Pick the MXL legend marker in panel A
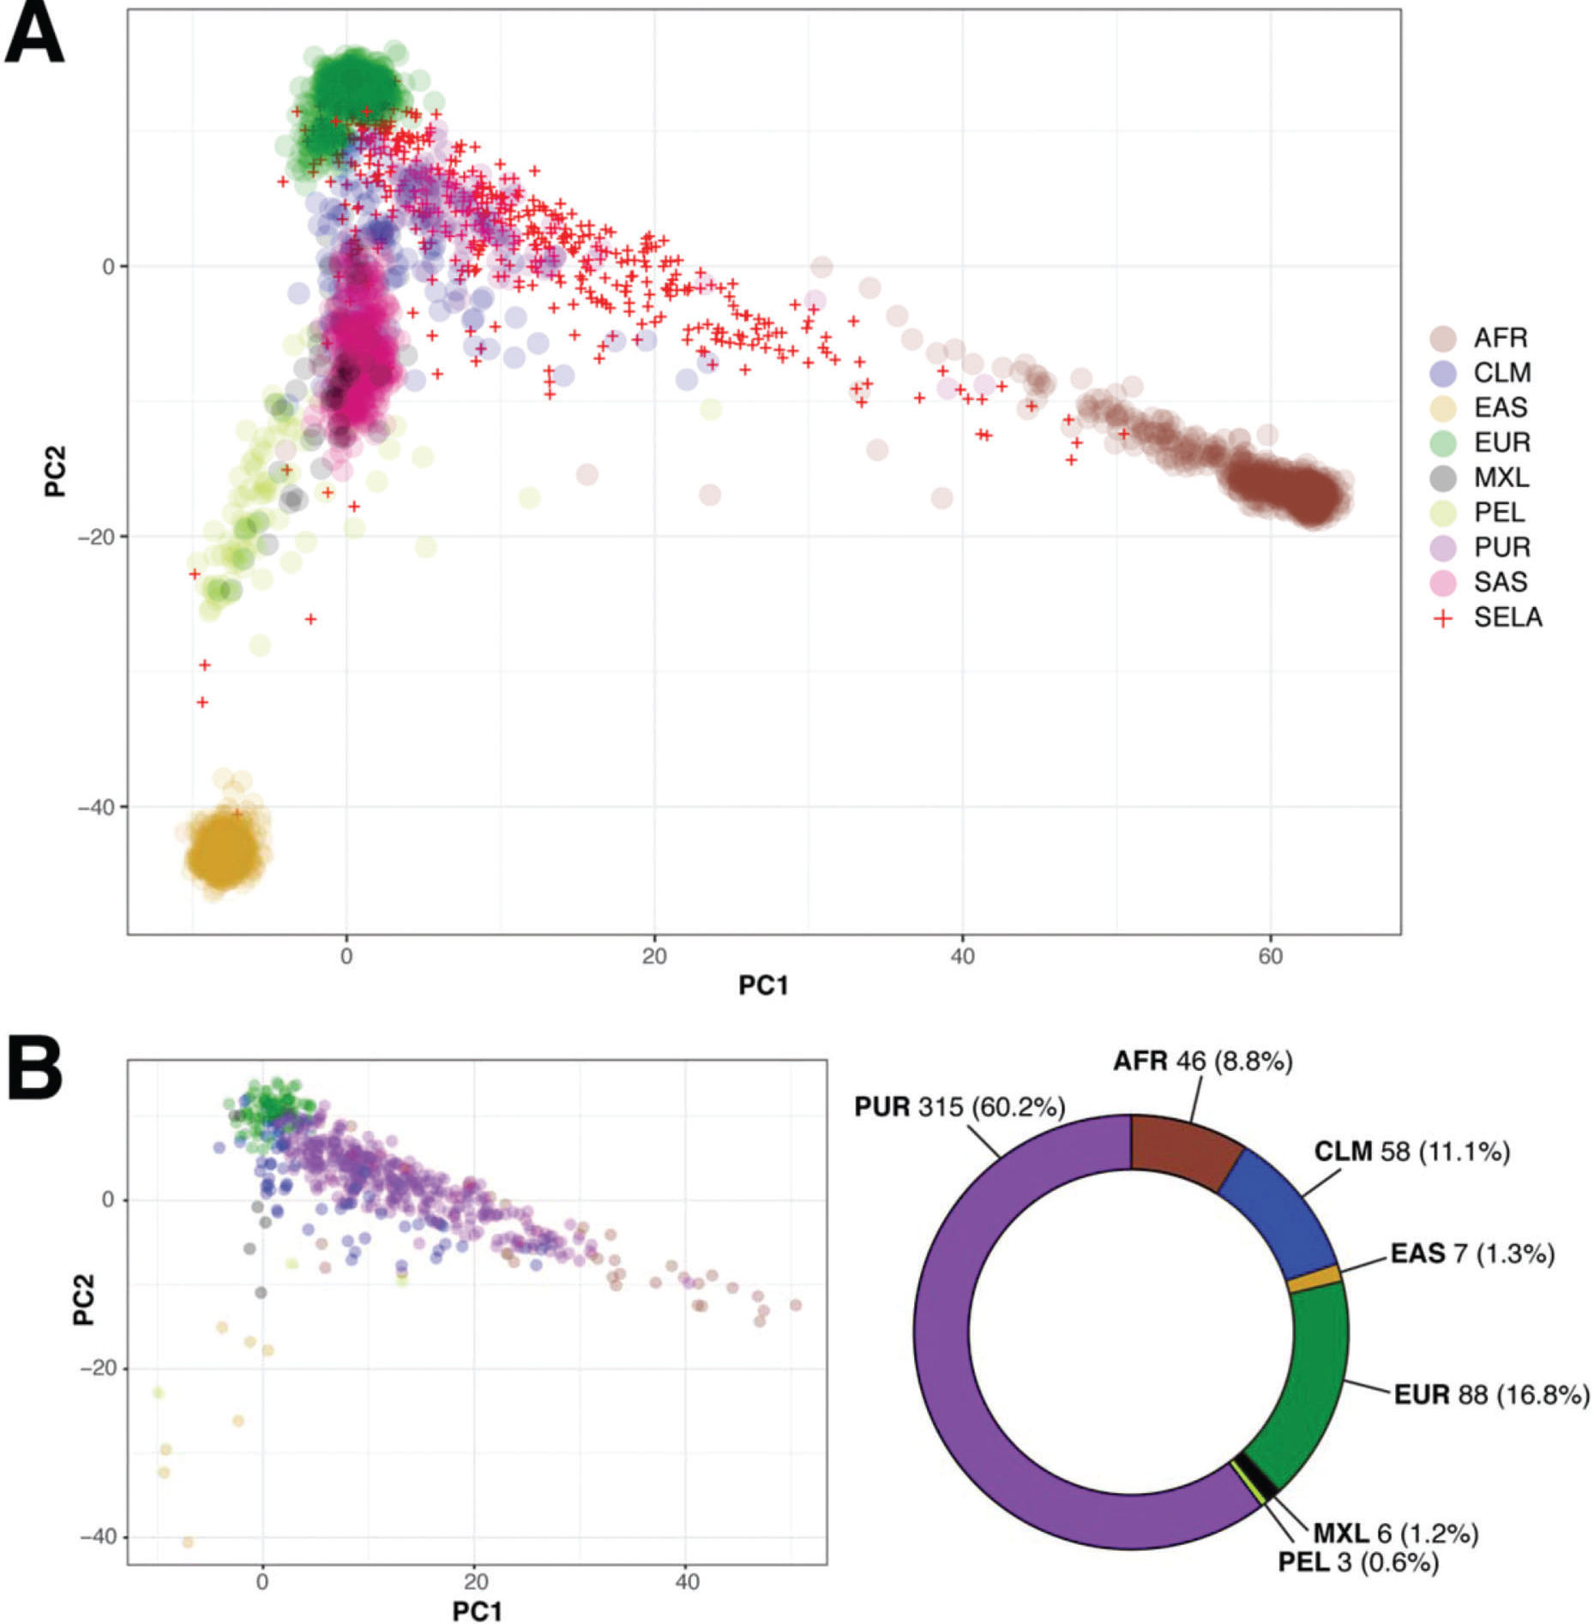[x=1444, y=478]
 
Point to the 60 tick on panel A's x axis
[x=1270, y=955]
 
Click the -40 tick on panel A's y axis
[x=95, y=807]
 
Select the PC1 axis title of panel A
[x=762, y=986]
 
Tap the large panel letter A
[x=34, y=36]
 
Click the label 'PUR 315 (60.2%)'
[x=959, y=1107]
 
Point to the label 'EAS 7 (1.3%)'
[x=1471, y=1254]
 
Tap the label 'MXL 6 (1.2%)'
[x=1395, y=1532]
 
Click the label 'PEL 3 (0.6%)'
[x=1357, y=1562]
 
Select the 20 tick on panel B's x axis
[x=475, y=1581]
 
